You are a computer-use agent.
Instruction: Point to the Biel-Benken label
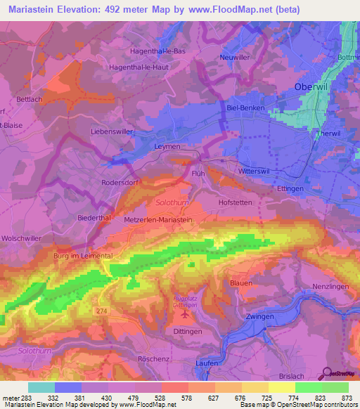pos(247,109)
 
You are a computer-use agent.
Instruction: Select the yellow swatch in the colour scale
pos(282,387)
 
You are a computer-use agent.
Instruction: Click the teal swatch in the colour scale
pos(41,387)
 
